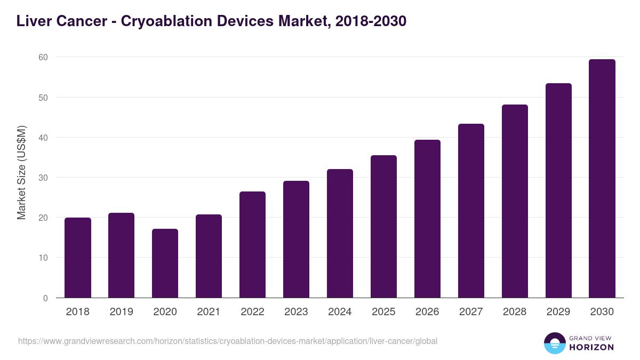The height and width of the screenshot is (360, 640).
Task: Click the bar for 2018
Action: point(78,258)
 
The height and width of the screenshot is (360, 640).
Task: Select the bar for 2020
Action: point(165,263)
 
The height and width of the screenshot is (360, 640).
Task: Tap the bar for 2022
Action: point(253,245)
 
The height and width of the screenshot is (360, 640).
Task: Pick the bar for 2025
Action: point(384,227)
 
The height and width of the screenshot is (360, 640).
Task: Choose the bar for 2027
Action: point(471,211)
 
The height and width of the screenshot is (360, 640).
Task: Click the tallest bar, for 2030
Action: point(603,179)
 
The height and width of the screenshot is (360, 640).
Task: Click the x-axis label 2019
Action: point(122,312)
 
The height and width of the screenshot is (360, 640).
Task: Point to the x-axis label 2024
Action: point(340,312)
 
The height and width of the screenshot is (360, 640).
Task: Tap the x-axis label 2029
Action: point(559,312)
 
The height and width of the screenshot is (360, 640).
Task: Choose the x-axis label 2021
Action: point(209,312)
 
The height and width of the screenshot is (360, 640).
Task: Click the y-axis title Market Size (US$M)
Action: point(21,172)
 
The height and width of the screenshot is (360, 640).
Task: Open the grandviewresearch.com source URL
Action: point(228,341)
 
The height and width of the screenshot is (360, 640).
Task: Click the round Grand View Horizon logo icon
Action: point(555,343)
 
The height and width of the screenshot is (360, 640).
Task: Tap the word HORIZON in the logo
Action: point(592,347)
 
